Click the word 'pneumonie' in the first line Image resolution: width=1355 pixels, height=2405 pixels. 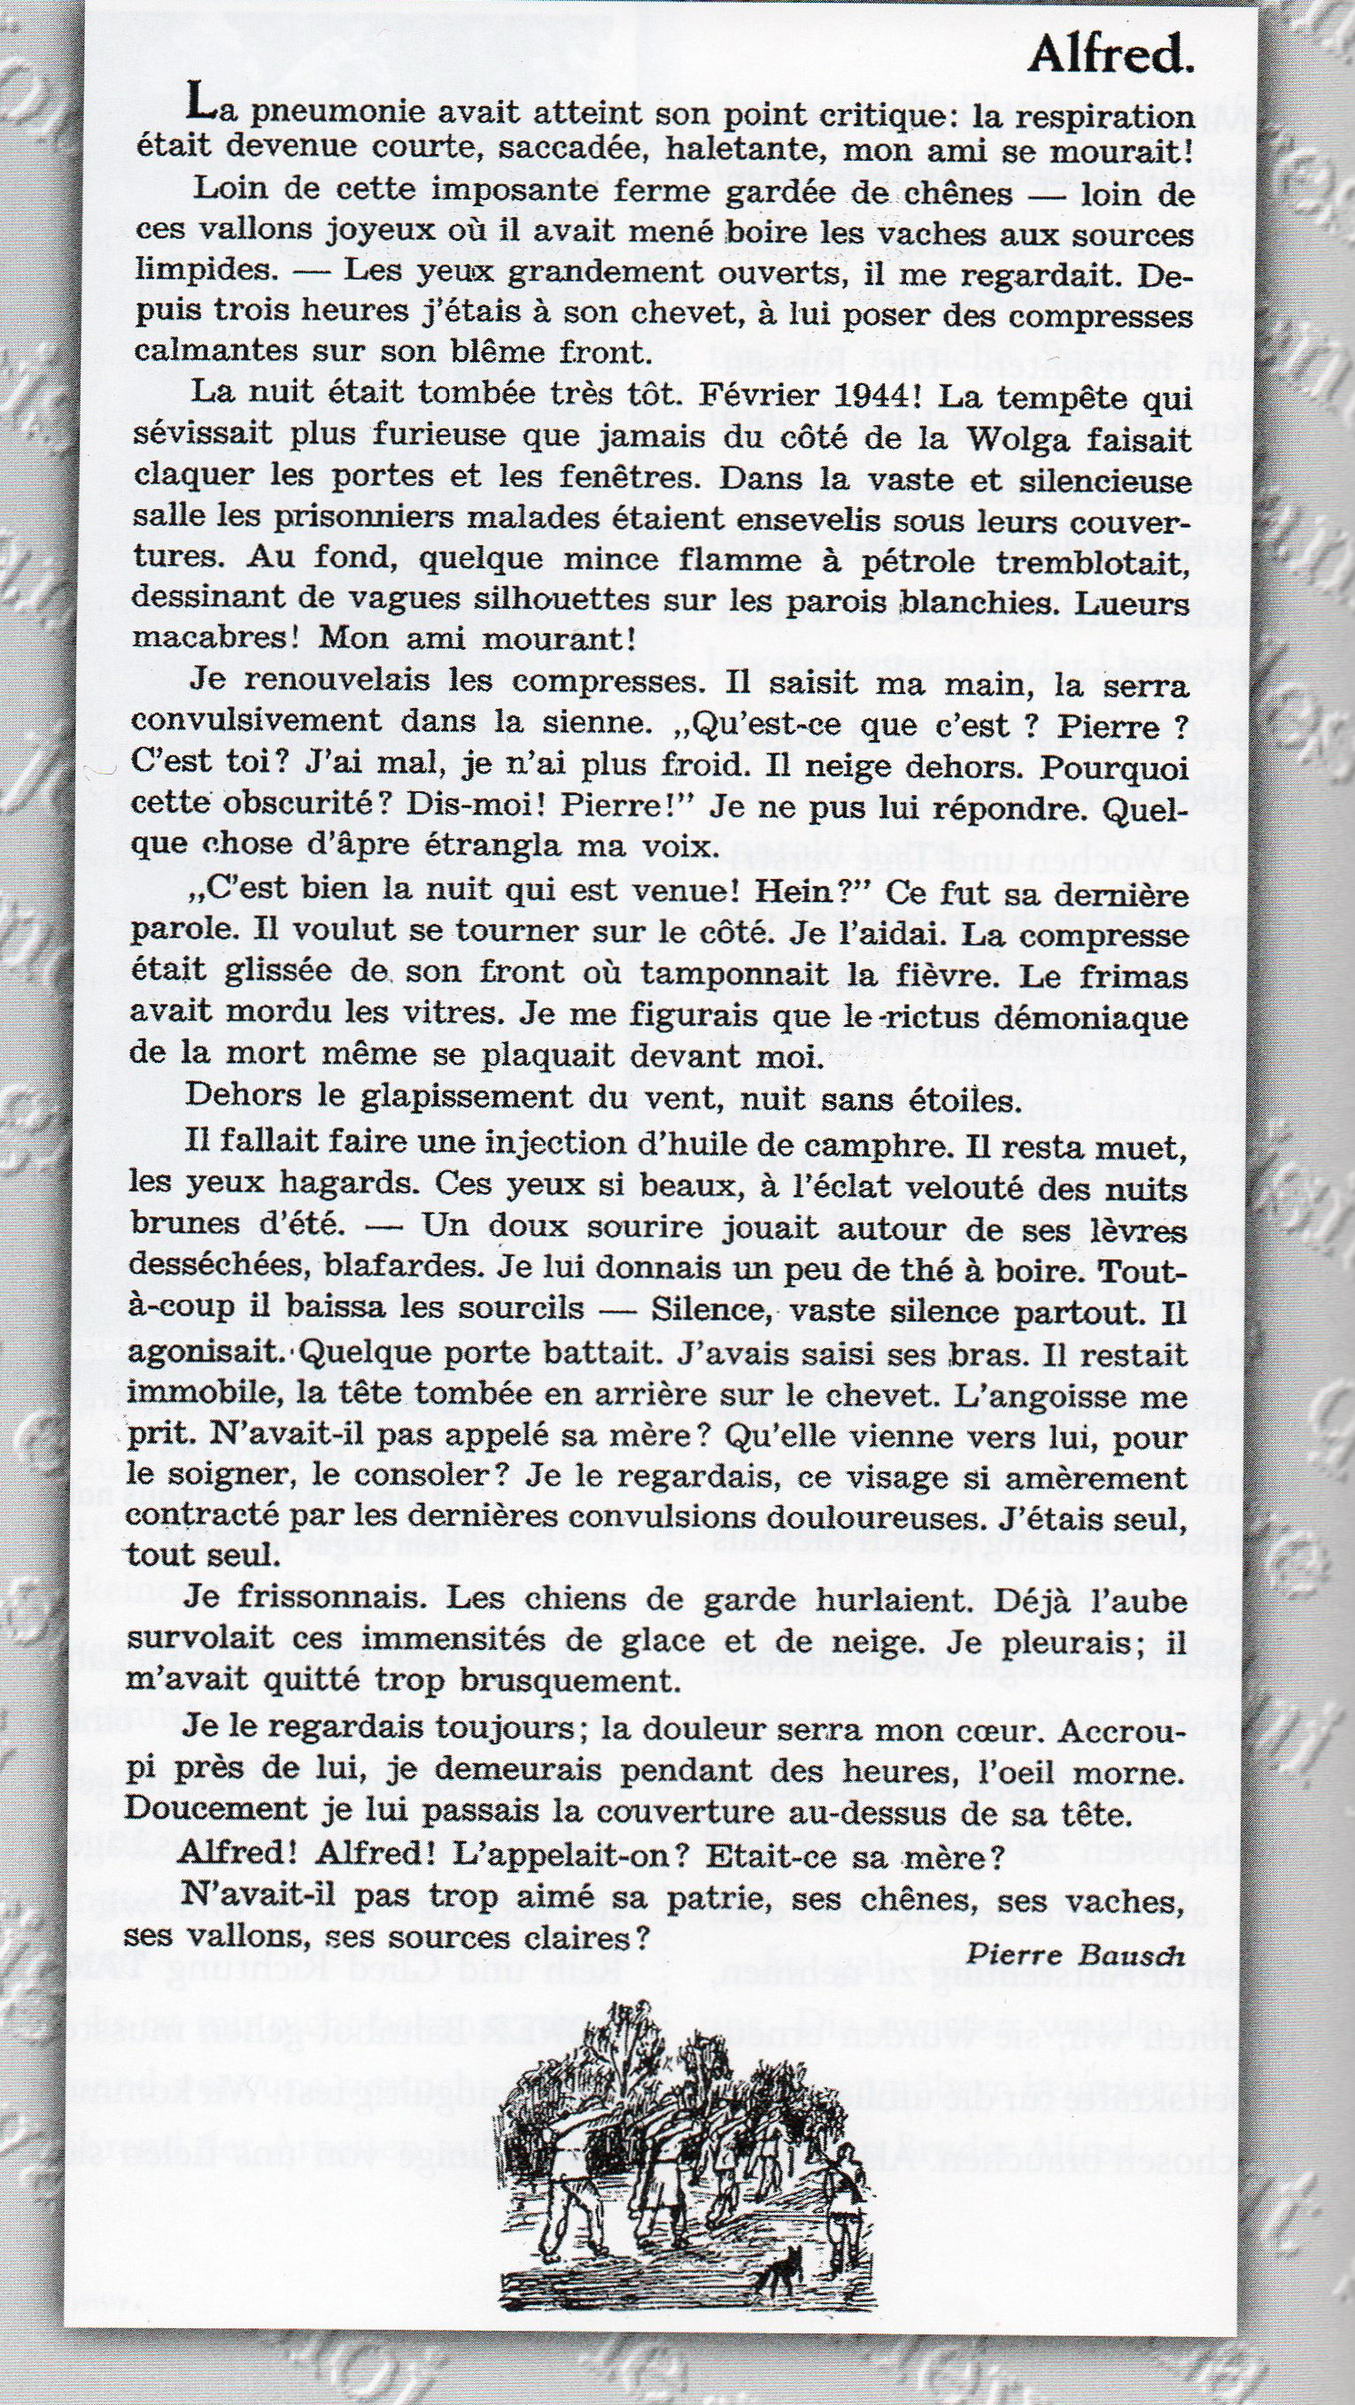(320, 116)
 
